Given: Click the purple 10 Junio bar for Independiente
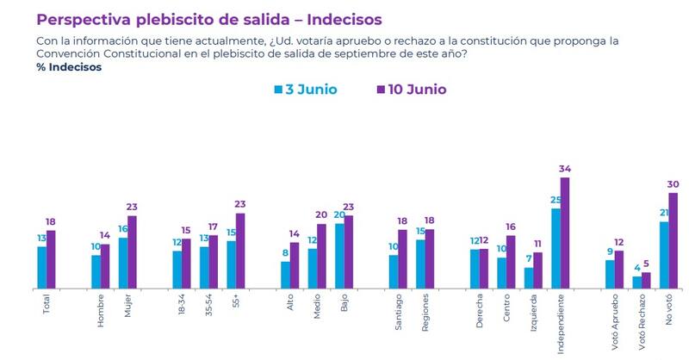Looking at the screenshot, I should coord(565,233).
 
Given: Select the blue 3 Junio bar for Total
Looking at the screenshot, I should coord(41,267).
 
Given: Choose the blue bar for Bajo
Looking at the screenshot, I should coord(339,255).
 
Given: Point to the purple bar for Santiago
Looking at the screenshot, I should coord(402,258).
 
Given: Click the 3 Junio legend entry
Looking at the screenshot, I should coord(306,90).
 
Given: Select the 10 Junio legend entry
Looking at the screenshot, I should coord(412,90).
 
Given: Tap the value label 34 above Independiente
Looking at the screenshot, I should coord(565,170).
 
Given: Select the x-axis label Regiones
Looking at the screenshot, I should coord(425,311).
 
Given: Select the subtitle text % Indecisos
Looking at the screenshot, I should coord(70,67).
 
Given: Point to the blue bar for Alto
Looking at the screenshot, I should coord(285,274).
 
